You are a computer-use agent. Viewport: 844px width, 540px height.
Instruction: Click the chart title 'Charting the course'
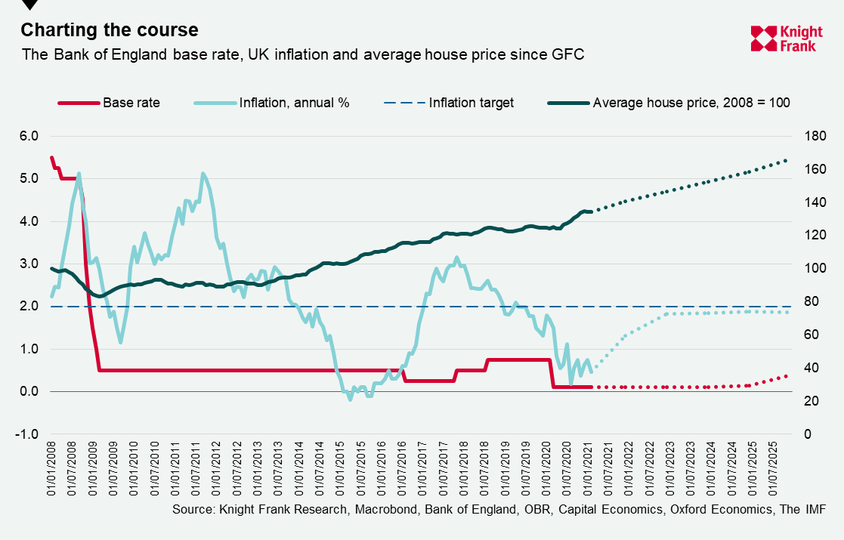point(110,30)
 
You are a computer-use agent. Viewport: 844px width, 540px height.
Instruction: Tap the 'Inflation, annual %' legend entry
point(272,103)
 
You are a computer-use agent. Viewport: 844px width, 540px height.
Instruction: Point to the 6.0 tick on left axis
point(28,137)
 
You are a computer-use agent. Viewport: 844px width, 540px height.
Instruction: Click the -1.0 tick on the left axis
point(28,434)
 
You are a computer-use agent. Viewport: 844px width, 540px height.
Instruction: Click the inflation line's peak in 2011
point(202,174)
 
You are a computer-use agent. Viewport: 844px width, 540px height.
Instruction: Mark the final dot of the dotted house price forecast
point(786,160)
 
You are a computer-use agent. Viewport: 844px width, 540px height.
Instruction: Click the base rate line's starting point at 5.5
point(51,157)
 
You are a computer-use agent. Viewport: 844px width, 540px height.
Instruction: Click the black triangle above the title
point(29,5)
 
